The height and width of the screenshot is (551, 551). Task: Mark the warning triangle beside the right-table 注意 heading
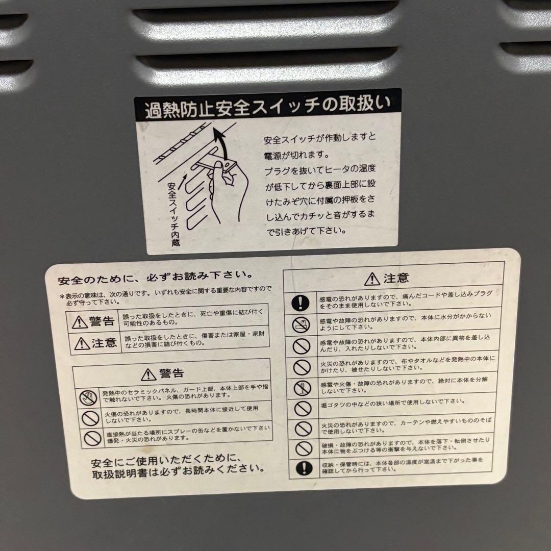(369, 279)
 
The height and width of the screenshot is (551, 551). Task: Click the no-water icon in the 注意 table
(302, 325)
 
